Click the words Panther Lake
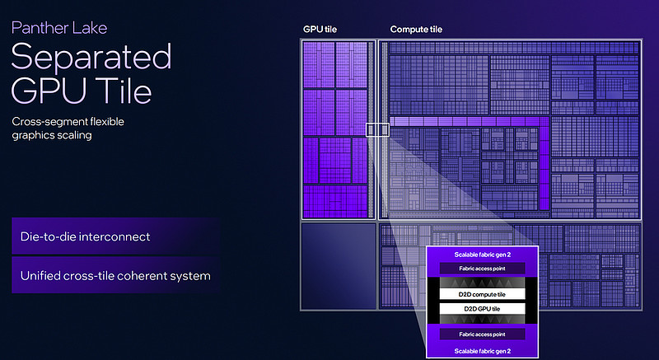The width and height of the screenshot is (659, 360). tap(59, 28)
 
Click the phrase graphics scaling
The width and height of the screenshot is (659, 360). tap(52, 135)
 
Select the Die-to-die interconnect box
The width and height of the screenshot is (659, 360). tap(115, 236)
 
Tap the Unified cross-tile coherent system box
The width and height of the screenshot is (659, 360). tap(115, 276)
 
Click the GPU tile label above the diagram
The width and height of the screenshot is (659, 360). tap(320, 30)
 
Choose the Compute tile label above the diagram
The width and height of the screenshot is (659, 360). tap(416, 30)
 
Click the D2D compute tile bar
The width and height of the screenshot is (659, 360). tap(482, 294)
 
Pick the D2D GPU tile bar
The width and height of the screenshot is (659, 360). tap(482, 309)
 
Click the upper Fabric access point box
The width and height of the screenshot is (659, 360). tap(482, 269)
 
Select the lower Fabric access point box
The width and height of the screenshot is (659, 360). tap(482, 334)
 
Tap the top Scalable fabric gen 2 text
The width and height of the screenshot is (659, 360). tap(483, 255)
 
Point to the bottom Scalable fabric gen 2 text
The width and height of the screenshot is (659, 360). tap(483, 351)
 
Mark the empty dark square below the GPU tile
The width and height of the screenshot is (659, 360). tap(339, 266)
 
